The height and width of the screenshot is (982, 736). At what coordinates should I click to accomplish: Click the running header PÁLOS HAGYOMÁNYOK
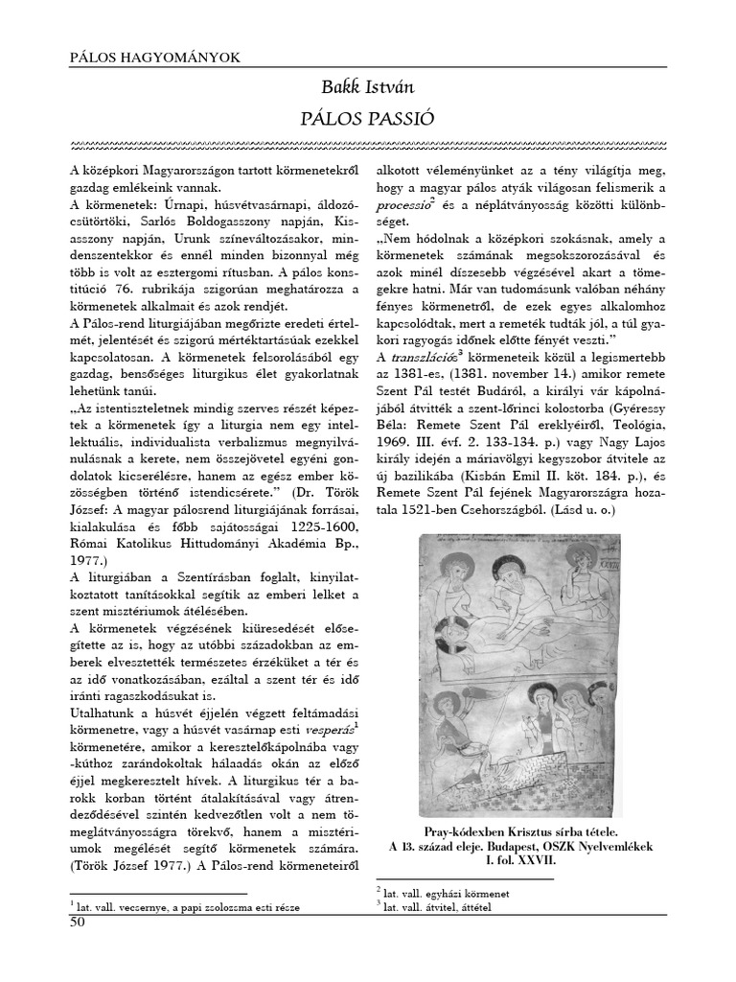(156, 57)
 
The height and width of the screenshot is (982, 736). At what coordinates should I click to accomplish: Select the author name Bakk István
(369, 88)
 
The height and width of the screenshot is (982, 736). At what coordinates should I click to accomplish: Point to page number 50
(78, 923)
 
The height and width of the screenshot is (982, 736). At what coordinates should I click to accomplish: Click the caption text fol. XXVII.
(536, 860)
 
